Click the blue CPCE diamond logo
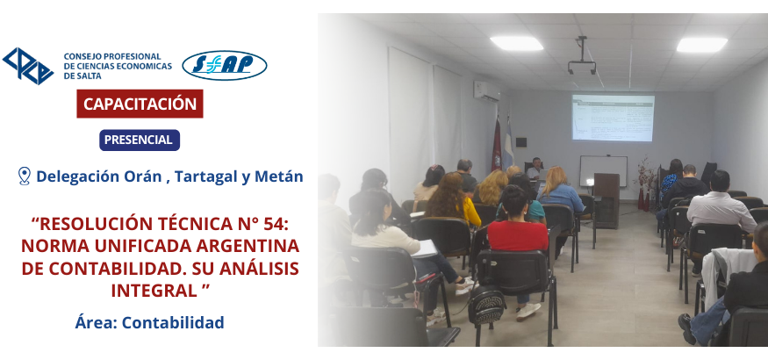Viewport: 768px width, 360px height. [28, 66]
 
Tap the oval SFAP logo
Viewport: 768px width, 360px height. [225, 65]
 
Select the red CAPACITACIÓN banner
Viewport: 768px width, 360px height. [140, 104]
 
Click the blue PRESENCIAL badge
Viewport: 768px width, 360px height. [140, 140]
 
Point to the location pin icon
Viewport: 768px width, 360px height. [24, 176]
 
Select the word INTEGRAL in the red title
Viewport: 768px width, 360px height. [154, 290]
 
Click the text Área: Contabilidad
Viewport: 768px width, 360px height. [149, 322]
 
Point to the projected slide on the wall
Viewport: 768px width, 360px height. [613, 118]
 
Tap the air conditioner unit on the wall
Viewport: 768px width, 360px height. [486, 90]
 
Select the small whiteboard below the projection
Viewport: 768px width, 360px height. [604, 171]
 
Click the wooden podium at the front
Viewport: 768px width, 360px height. [607, 200]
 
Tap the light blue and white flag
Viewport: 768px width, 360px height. [508, 145]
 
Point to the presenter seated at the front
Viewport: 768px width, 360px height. [535, 169]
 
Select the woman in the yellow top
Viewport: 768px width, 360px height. [453, 199]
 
